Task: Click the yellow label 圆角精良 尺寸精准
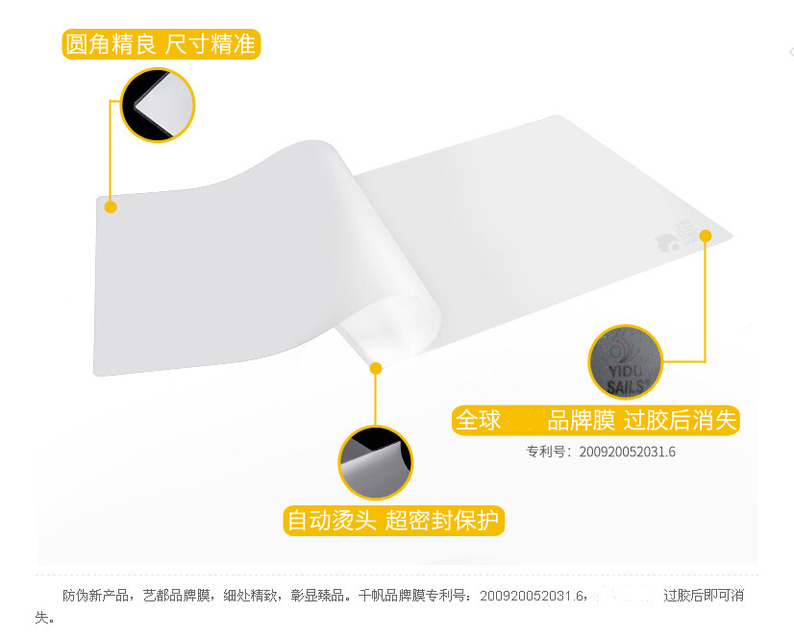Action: (x=161, y=44)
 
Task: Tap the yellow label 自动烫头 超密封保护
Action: (x=394, y=521)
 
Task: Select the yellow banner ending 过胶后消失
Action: (x=596, y=421)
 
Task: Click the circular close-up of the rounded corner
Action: (x=158, y=104)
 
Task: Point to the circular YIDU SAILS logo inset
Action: (x=626, y=361)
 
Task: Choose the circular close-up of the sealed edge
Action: (x=375, y=462)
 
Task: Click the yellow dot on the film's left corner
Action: (x=111, y=207)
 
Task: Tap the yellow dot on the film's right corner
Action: (x=705, y=235)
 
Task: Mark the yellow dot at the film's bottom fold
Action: (x=376, y=368)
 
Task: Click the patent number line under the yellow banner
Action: (x=600, y=451)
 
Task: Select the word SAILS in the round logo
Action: (x=626, y=387)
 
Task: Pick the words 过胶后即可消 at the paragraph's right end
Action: (x=703, y=596)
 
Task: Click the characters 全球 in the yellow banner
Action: (x=479, y=421)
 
